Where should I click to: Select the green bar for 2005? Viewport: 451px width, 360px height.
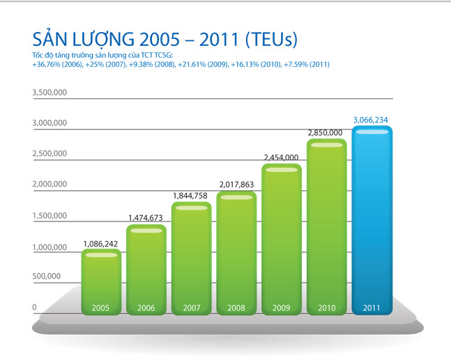pos(101,279)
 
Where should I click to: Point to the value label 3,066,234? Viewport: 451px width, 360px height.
pos(372,120)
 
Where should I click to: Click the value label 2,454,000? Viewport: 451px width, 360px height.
pos(281,158)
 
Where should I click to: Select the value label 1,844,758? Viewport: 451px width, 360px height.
pos(190,196)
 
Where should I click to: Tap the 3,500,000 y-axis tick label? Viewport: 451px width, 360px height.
pos(49,93)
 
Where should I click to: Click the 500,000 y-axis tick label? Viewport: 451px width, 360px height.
pos(49,276)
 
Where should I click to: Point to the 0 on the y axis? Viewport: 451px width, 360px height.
pos(34,307)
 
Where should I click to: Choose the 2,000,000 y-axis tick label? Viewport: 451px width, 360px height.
pos(49,185)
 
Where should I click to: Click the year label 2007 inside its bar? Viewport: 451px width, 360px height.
pos(191,307)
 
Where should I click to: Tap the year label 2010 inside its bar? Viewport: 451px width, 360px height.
pos(326,307)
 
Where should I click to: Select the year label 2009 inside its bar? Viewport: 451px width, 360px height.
pos(282,307)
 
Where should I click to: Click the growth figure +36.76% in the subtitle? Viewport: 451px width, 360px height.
pos(47,64)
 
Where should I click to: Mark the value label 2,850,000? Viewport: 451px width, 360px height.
pos(326,132)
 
